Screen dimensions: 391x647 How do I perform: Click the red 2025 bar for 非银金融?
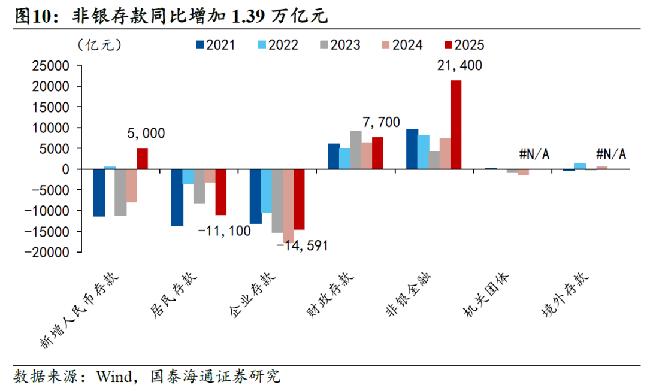point(456,125)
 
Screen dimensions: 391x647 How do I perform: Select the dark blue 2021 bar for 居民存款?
point(177,197)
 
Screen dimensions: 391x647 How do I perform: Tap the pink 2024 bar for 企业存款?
point(288,205)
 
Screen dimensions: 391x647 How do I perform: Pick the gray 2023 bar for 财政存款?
point(356,150)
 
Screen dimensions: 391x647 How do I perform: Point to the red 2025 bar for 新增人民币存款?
point(143,159)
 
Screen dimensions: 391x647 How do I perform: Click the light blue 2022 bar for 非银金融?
point(423,152)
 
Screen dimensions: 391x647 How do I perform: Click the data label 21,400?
point(459,66)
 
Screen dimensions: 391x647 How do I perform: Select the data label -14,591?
point(303,245)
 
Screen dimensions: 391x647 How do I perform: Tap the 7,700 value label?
point(381,122)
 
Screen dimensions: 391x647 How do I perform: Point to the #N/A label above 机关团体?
point(534,154)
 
